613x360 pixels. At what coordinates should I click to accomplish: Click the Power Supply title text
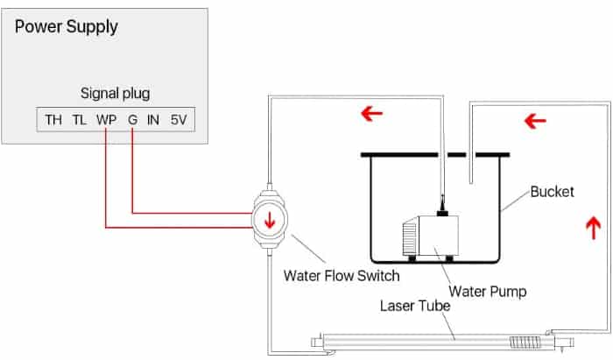(67, 26)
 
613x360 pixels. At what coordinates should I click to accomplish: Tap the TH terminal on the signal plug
(53, 119)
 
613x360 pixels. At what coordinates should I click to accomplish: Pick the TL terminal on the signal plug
(80, 119)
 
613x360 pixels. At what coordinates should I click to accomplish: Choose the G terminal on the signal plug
(131, 119)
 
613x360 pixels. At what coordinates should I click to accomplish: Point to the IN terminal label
(153, 119)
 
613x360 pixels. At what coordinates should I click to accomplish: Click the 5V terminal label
(180, 119)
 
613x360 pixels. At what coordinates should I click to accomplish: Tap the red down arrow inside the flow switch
(269, 220)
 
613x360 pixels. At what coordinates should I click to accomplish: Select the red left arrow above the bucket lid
(371, 113)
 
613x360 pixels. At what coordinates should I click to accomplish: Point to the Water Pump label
(487, 291)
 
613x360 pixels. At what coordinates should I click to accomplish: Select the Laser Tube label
(416, 307)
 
